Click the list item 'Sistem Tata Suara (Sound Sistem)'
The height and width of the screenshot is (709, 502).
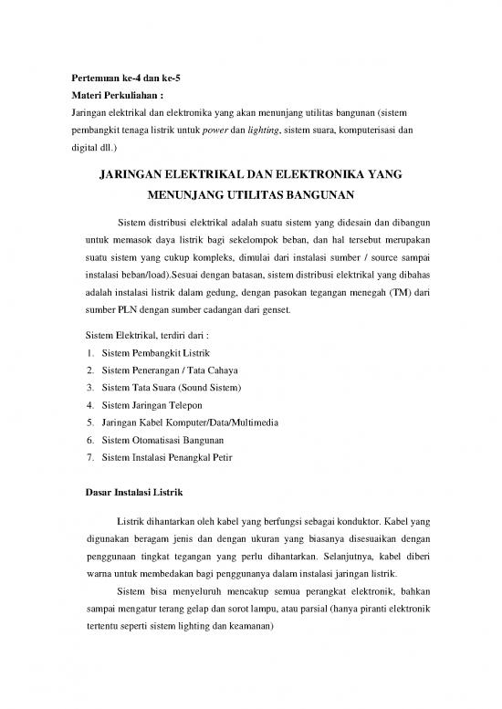[x=171, y=387]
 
